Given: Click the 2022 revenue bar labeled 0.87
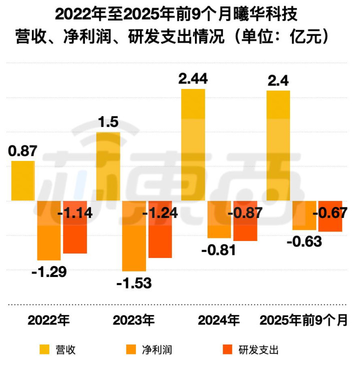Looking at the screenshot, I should (23, 180).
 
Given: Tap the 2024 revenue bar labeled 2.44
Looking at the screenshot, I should (193, 145).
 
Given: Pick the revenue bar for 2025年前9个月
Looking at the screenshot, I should (278, 145).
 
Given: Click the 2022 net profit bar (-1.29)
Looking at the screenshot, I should (49, 230).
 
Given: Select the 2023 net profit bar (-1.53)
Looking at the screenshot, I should (134, 235).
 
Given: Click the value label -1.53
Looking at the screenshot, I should (134, 283).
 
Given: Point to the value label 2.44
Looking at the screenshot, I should (193, 78).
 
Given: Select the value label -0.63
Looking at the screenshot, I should (304, 241).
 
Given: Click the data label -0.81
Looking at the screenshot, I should (218, 249).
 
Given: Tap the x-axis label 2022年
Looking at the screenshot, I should (48, 320).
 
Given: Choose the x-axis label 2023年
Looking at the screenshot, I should (133, 320).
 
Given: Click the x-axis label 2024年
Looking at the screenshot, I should (218, 320).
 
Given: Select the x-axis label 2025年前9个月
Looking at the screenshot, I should (303, 320).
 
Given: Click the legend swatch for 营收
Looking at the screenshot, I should (44, 349).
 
